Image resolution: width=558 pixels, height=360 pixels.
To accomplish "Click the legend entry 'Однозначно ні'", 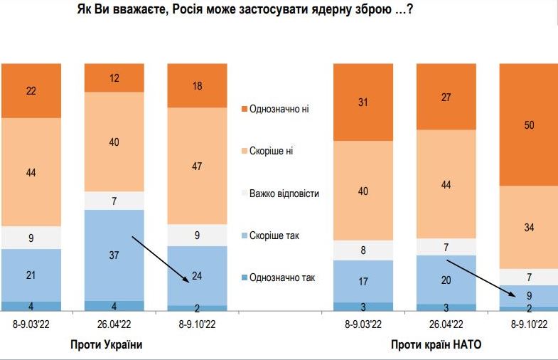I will (x=281, y=109).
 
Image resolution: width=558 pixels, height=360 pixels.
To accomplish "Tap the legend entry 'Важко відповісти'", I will (x=283, y=194).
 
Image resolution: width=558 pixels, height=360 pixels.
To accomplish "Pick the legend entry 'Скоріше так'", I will (x=277, y=235).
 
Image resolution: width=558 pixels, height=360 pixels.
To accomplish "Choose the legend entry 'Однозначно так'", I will (x=282, y=277).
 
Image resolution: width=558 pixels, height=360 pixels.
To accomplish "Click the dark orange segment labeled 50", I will (x=529, y=125).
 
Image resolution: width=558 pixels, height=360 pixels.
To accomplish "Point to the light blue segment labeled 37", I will (x=114, y=255).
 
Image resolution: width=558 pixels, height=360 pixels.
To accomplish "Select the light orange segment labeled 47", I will (x=197, y=166).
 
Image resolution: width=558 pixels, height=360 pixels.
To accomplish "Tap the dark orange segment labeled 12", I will (x=114, y=78).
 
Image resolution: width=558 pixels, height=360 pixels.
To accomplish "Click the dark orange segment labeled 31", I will (x=363, y=102).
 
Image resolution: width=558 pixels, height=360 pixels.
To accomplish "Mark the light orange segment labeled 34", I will (x=529, y=227).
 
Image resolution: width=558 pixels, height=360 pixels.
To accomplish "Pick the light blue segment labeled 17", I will (x=363, y=281).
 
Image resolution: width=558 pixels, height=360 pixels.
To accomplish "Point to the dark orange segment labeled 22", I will (x=31, y=90).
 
